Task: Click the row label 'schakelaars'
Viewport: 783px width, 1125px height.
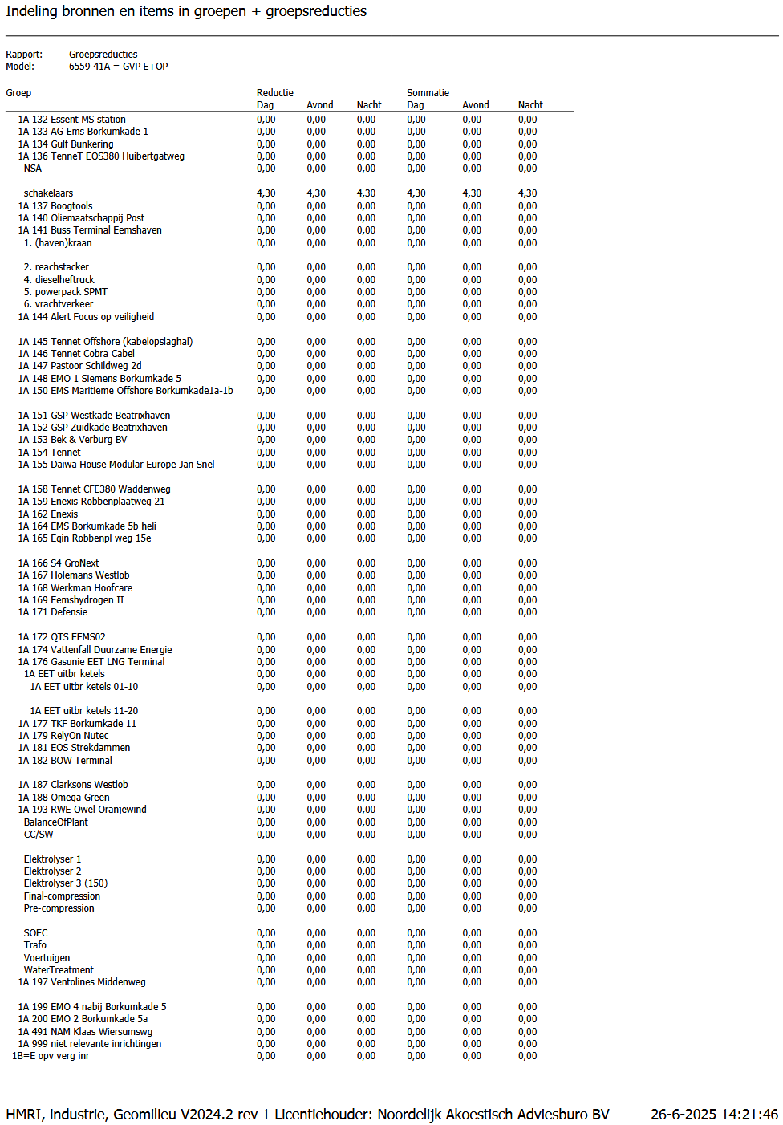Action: [x=48, y=193]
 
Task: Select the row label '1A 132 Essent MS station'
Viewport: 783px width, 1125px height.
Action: [x=71, y=120]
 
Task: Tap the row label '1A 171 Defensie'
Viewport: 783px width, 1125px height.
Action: [x=53, y=612]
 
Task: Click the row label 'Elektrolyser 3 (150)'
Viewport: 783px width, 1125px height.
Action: [x=66, y=883]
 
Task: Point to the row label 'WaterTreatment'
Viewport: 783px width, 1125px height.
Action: [x=59, y=970]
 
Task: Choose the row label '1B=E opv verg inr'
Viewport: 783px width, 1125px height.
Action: [x=51, y=1056]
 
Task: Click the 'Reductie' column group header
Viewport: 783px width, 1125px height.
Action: [x=275, y=93]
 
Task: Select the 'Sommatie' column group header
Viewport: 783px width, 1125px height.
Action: [x=428, y=93]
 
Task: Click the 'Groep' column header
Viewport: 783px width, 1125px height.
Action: [x=18, y=93]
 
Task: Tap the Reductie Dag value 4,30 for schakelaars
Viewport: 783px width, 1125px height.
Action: [x=266, y=193]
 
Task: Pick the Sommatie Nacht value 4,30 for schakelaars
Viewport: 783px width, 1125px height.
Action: [x=527, y=193]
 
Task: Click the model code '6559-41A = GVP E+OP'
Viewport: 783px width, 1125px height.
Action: [x=118, y=67]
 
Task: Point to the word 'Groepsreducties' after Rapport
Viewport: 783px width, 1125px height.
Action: [x=103, y=55]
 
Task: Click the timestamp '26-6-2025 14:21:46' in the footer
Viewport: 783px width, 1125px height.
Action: [x=714, y=1115]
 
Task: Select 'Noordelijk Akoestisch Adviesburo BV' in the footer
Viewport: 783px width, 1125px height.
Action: [x=493, y=1115]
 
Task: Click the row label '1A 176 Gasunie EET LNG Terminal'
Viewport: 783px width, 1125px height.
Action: [x=91, y=662]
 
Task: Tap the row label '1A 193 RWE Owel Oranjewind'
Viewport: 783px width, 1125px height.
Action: [x=83, y=810]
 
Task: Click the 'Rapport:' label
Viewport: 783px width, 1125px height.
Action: [x=24, y=55]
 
